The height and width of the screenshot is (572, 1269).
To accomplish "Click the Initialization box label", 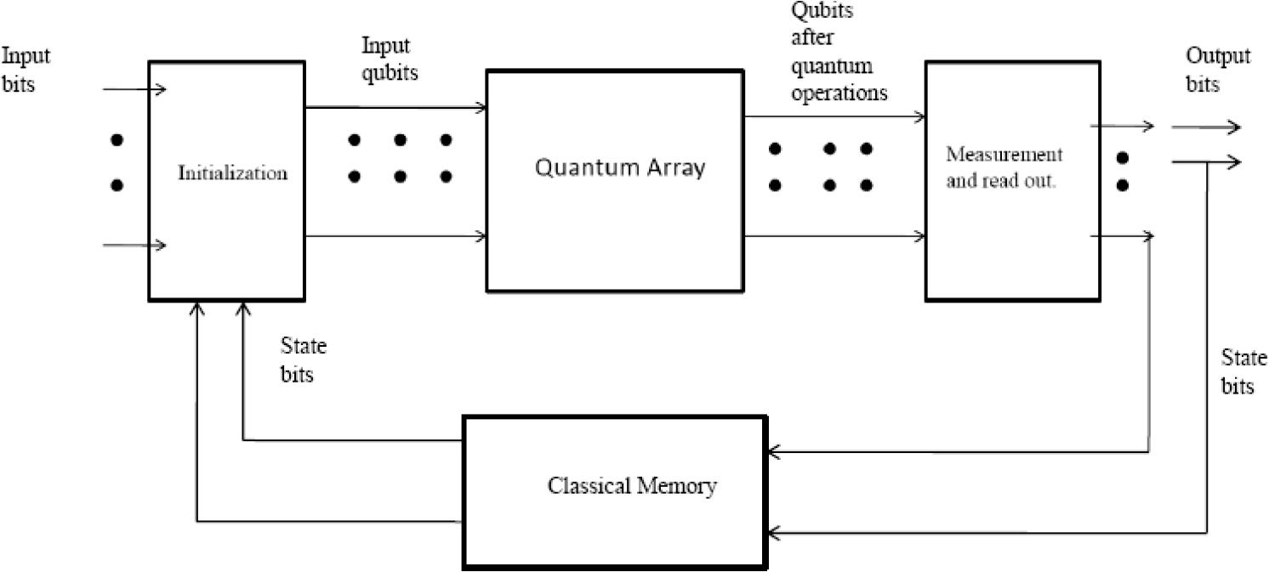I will pyautogui.click(x=233, y=173).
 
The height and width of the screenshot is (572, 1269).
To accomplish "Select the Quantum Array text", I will pyautogui.click(x=619, y=167).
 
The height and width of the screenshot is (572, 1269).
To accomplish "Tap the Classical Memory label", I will pyautogui.click(x=632, y=487).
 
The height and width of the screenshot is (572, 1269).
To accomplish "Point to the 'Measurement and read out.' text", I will pyautogui.click(x=1004, y=168).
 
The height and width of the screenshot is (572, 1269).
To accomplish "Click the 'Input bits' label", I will pyautogui.click(x=26, y=70).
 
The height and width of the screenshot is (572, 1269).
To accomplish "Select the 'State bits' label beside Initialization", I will pyautogui.click(x=303, y=360).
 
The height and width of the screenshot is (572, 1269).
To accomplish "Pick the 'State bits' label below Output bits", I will pyautogui.click(x=1243, y=371).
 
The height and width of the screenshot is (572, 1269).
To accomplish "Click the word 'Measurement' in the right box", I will pyautogui.click(x=1004, y=156).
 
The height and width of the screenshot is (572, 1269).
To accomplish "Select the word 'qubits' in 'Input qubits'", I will pyautogui.click(x=390, y=73).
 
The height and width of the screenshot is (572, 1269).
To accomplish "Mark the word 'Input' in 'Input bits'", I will pyautogui.click(x=26, y=56).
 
